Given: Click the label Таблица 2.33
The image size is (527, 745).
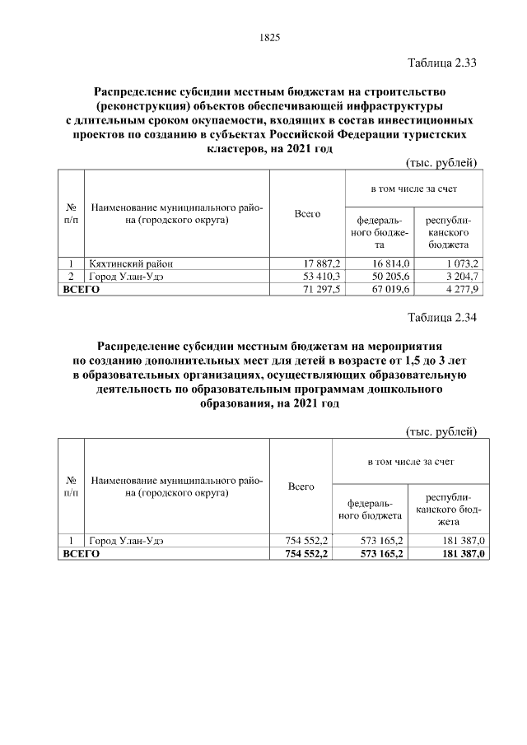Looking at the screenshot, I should (x=442, y=63).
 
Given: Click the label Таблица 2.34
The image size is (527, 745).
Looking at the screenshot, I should (x=442, y=317).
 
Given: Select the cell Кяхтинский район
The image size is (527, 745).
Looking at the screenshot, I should (x=131, y=263).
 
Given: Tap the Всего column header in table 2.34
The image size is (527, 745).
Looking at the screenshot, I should (x=301, y=487).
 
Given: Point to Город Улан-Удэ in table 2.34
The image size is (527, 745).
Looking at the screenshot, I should (x=126, y=540).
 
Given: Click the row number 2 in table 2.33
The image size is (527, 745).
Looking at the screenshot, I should (x=71, y=277).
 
